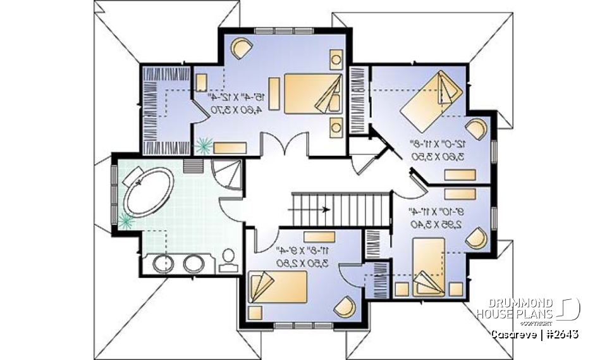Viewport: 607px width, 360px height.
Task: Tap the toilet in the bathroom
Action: pyautogui.click(x=227, y=259)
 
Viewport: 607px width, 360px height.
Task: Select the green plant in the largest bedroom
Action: pyautogui.click(x=204, y=146)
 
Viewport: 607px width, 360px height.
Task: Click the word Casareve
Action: pyautogui.click(x=513, y=333)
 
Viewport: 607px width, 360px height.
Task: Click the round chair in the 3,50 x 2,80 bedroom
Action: pyautogui.click(x=345, y=307)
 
